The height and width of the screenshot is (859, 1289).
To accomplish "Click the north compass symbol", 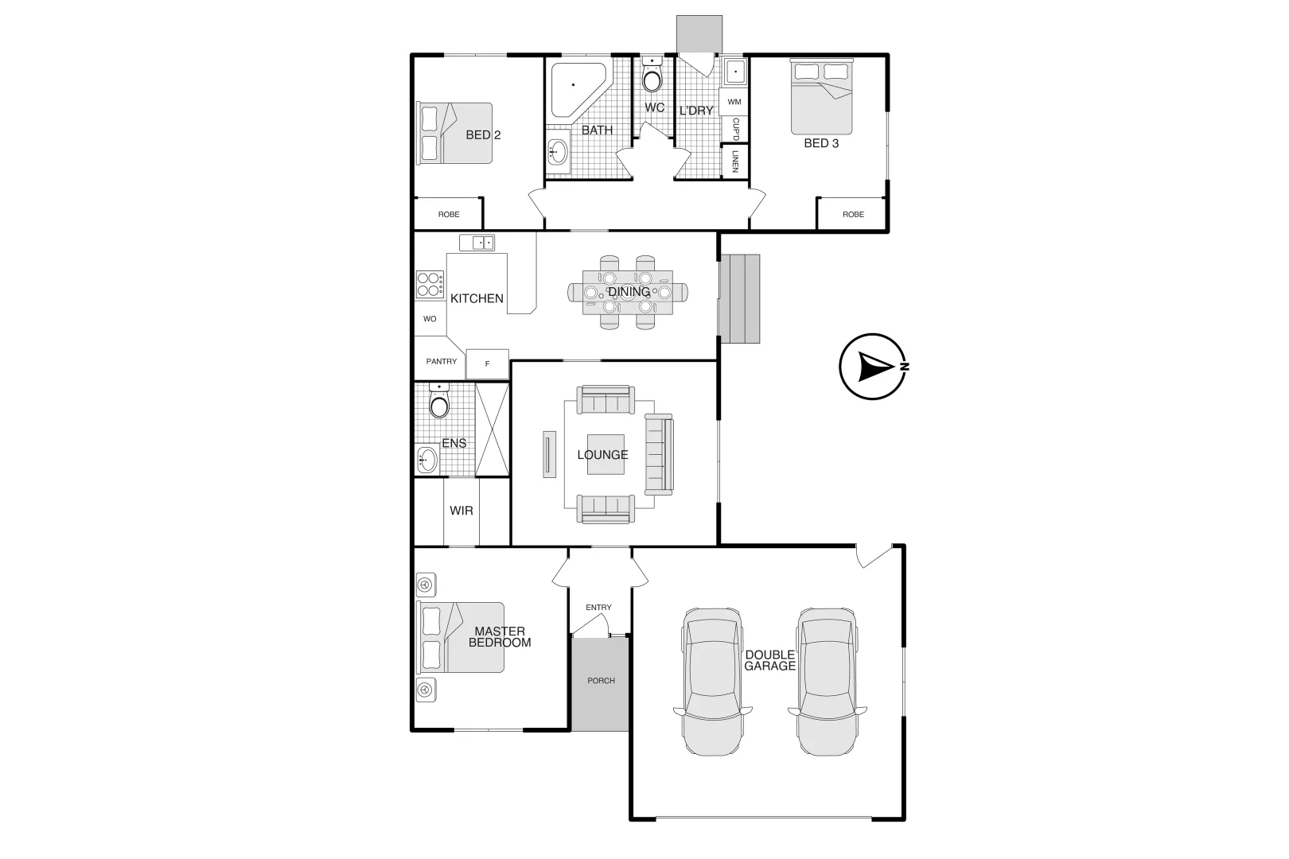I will click(x=873, y=367).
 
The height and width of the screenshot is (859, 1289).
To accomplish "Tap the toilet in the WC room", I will click(x=652, y=78).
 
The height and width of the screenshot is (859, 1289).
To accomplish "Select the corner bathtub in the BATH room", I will click(x=578, y=89).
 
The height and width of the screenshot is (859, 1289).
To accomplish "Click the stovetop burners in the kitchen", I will click(x=430, y=284).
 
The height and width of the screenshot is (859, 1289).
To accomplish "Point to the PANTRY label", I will click(x=441, y=361).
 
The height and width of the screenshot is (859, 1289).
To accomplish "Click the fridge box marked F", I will click(x=487, y=363).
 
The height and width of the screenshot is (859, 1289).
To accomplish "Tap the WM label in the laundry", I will click(x=734, y=102).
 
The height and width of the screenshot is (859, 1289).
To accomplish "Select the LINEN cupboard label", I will click(x=735, y=161).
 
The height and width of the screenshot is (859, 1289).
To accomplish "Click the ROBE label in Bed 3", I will click(x=853, y=214).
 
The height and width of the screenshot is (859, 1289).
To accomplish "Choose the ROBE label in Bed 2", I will click(x=449, y=214).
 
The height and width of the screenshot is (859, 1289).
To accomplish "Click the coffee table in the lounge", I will click(x=606, y=454).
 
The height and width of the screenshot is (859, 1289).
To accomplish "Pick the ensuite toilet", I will click(x=439, y=403).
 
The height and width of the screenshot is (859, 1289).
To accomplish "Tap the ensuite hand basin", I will click(x=427, y=460).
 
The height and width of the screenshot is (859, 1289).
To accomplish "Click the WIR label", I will click(x=461, y=511).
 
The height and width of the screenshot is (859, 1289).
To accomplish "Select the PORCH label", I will click(x=601, y=681).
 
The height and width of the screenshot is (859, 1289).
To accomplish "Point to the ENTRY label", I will click(x=598, y=607).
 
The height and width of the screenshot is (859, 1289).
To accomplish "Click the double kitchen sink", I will click(x=477, y=243).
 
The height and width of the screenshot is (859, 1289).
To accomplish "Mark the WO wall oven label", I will click(x=430, y=319).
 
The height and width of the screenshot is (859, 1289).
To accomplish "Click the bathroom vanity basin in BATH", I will click(x=558, y=150).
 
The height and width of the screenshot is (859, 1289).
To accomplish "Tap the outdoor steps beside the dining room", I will click(x=740, y=299).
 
